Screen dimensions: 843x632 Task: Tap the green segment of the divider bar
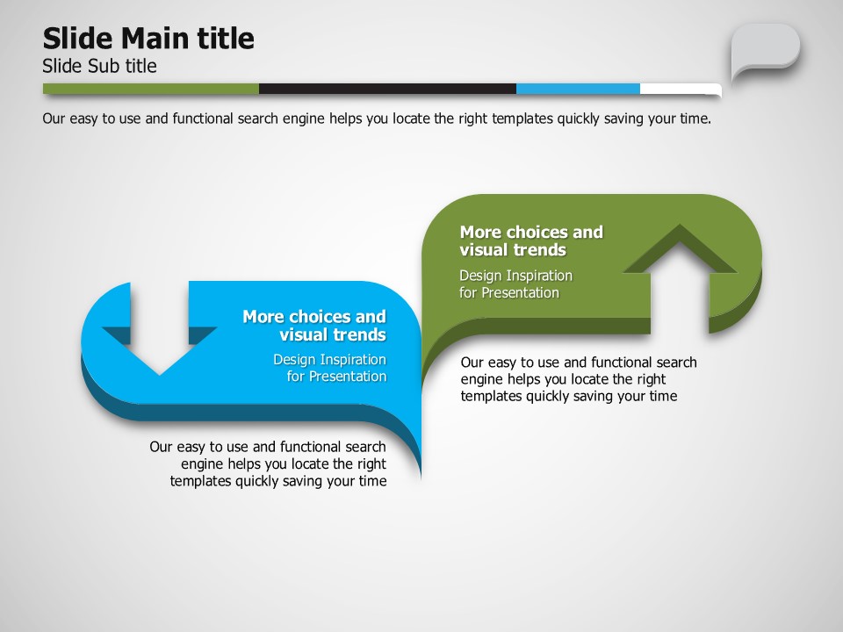(151, 89)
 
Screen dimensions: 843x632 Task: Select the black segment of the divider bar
(387, 89)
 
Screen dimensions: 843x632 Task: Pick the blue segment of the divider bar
(579, 89)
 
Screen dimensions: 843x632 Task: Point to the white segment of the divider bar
(681, 90)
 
